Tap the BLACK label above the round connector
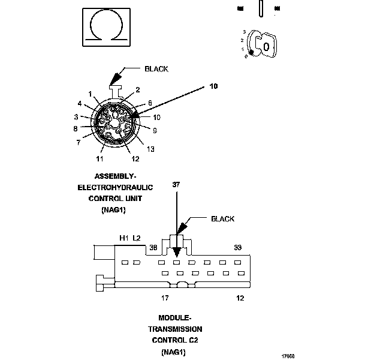point(156,69)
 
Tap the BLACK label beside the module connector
point(222,219)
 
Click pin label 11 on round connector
point(99,158)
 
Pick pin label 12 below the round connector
point(135,158)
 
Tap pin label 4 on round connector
point(79,104)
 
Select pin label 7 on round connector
point(78,142)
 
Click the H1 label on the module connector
point(124,238)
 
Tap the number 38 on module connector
point(153,247)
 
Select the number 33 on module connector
point(237,247)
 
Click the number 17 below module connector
point(165,298)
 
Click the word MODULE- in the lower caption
point(174,317)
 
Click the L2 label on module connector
point(137,238)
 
